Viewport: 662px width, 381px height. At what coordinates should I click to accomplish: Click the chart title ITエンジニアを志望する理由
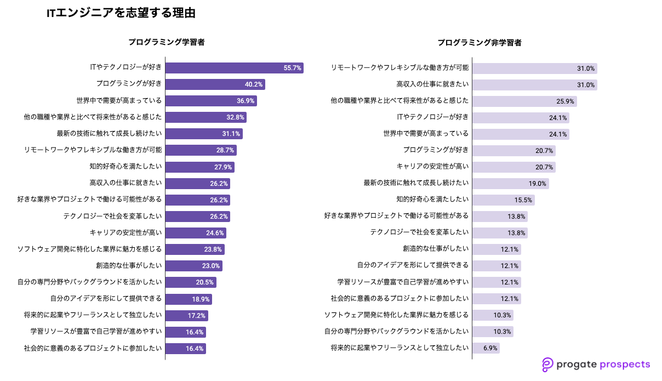pos(121,13)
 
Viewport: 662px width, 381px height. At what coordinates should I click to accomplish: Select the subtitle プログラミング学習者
pos(167,42)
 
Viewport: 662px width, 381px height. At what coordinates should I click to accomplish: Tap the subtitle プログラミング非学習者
pos(480,42)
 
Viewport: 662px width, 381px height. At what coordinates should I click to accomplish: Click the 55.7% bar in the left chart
pos(234,68)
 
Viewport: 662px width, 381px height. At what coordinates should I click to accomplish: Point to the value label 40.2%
pos(254,84)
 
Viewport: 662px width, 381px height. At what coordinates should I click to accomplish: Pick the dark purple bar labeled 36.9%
pos(211,101)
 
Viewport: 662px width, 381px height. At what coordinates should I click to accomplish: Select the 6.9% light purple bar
pos(486,348)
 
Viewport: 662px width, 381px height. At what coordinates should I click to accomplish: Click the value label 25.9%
pos(565,101)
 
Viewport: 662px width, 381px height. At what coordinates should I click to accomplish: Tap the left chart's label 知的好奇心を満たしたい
pos(125,167)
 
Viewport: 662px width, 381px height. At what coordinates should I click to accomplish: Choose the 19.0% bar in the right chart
pos(510,184)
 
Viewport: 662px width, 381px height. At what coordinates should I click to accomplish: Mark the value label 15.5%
pos(523,200)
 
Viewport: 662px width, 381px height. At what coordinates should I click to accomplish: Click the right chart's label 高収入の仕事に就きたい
pos(432,84)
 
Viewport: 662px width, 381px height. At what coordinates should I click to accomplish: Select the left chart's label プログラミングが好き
pos(129,84)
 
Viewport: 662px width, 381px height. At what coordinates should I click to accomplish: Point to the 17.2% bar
pos(186,316)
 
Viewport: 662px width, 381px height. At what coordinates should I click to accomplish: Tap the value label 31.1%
pos(232,134)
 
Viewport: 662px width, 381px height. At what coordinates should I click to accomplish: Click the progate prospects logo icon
pos(547,365)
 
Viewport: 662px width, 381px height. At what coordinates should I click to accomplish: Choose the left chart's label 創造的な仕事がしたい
pos(129,265)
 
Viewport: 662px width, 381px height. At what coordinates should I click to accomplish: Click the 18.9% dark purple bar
pos(189,299)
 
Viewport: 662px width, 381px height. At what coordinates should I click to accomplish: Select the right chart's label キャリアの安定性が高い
pos(432,167)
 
